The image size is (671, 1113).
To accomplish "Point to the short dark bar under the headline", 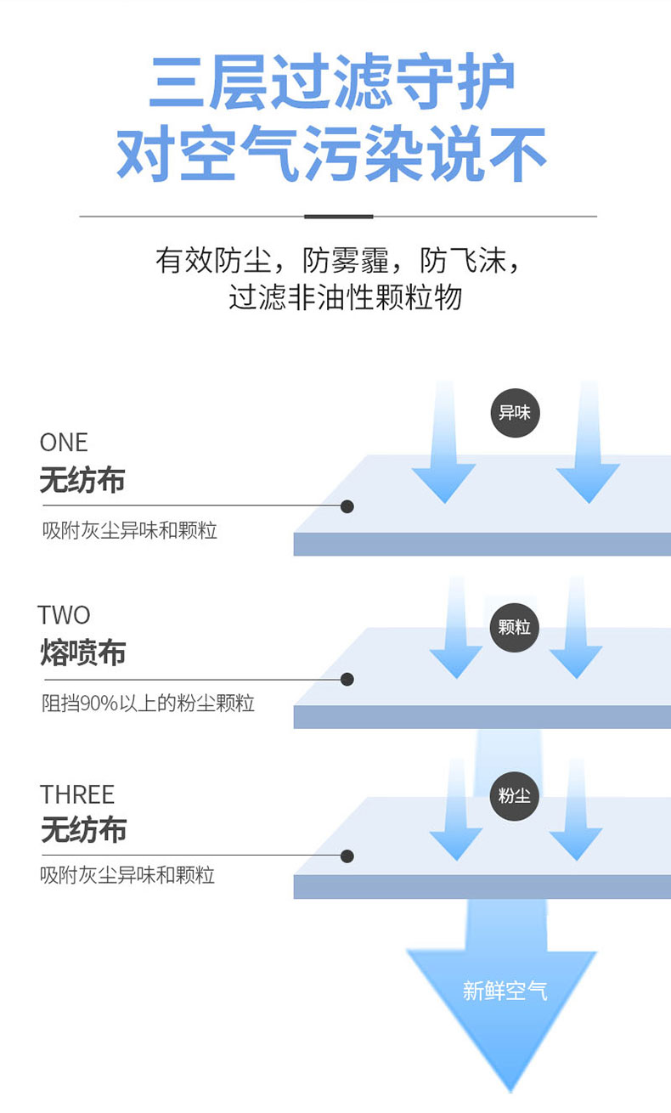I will click(338, 217).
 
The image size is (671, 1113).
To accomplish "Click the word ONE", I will click(64, 443).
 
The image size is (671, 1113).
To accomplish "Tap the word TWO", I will click(64, 615).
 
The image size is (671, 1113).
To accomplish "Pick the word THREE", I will click(76, 794).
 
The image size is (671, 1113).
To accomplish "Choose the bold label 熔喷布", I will click(82, 653).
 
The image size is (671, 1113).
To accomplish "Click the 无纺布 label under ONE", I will click(82, 481).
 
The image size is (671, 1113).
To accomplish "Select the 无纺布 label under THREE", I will click(82, 830).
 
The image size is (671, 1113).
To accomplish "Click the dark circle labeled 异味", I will click(515, 414).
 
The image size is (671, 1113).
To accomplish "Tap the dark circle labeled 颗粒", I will click(515, 628).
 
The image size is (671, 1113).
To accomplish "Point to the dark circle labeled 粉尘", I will click(515, 796).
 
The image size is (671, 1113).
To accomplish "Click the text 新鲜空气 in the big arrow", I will click(505, 991).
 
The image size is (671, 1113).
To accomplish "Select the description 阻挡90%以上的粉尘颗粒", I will click(149, 704).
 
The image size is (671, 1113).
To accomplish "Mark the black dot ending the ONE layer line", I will click(347, 506).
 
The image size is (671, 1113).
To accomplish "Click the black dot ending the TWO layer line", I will click(347, 679).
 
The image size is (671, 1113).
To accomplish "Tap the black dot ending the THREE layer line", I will click(347, 856).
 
